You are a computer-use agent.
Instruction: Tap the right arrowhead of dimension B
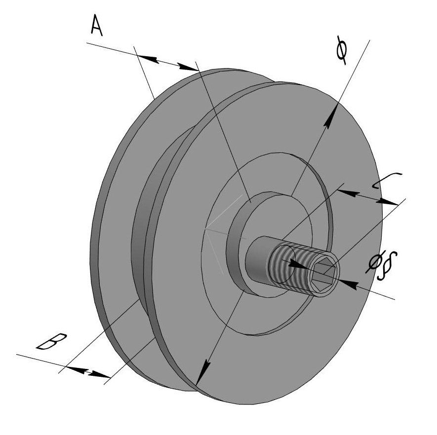click(x=102, y=376)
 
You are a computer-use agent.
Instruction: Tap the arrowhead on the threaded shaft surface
click(x=296, y=265)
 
